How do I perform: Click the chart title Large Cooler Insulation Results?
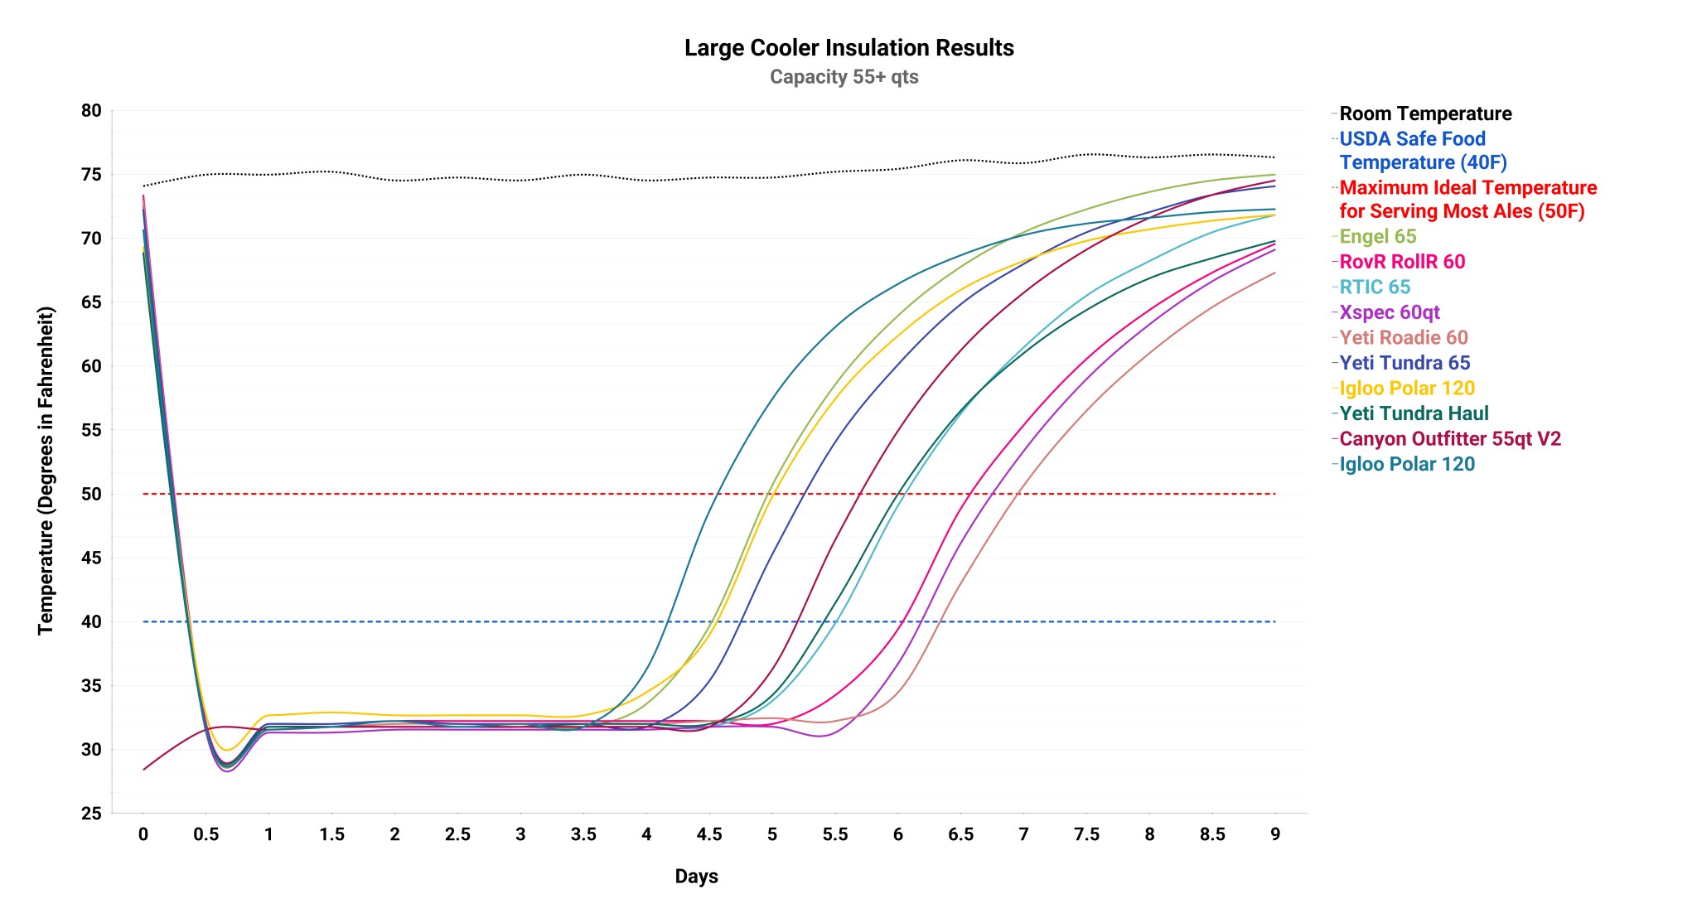coord(848,48)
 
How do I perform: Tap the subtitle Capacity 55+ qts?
coord(844,77)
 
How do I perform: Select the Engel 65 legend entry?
coord(1377,237)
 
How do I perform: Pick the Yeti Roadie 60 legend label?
coord(1403,338)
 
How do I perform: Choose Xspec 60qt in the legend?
coord(1389,312)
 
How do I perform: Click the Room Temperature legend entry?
coord(1424,114)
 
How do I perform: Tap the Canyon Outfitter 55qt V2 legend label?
coord(1449,439)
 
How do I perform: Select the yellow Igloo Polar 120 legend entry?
coord(1406,389)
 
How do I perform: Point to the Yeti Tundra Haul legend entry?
coord(1413,413)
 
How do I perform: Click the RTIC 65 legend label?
coord(1374,287)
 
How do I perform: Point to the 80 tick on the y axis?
coord(92,111)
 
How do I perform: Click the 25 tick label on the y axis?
coord(92,814)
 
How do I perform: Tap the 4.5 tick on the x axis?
coord(709,834)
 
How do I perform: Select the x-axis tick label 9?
coord(1275,834)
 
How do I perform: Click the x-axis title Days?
coord(696,877)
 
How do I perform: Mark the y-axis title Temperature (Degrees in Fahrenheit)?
coord(46,471)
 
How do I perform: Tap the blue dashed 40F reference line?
coord(497,621)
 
